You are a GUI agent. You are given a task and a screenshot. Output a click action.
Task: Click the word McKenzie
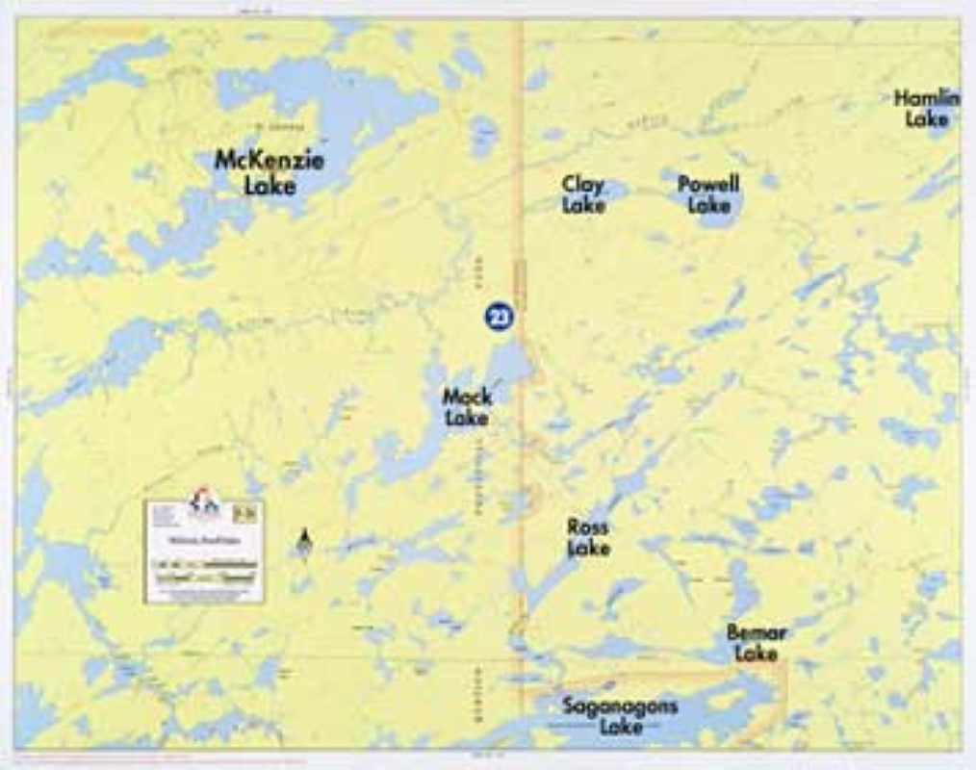(x=269, y=160)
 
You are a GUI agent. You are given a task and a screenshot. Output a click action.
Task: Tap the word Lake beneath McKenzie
(x=270, y=185)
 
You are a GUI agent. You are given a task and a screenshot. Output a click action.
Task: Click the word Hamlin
(x=926, y=98)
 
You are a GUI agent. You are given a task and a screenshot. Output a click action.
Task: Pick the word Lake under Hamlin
(x=926, y=119)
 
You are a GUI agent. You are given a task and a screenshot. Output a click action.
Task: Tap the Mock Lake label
(x=467, y=406)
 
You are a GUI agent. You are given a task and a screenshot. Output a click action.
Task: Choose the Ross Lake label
(x=587, y=537)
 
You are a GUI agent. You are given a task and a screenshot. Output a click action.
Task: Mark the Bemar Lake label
(x=757, y=643)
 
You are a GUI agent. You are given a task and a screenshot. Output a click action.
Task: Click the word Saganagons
(x=620, y=706)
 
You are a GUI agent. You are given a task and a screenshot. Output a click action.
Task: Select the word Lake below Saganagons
(x=621, y=727)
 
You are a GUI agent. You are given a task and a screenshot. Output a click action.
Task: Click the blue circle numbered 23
(x=500, y=317)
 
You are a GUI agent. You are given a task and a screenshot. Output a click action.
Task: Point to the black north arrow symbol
(x=304, y=542)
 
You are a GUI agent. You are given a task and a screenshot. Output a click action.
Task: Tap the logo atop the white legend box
(x=204, y=502)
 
